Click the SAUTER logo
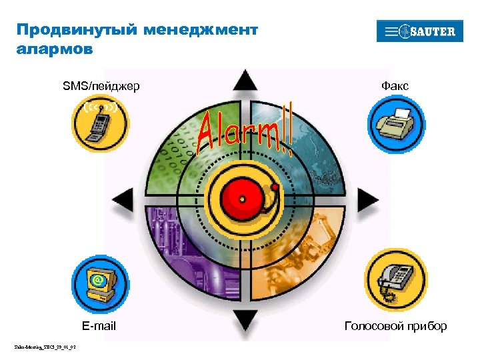click(x=420, y=31)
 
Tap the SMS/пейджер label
click(x=101, y=86)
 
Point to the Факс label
click(x=395, y=86)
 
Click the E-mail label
click(x=99, y=326)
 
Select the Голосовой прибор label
click(x=395, y=326)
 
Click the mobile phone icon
click(x=101, y=123)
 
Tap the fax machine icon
click(x=396, y=124)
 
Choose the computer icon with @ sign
click(x=100, y=284)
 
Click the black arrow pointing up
click(x=245, y=81)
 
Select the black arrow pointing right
click(x=367, y=198)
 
